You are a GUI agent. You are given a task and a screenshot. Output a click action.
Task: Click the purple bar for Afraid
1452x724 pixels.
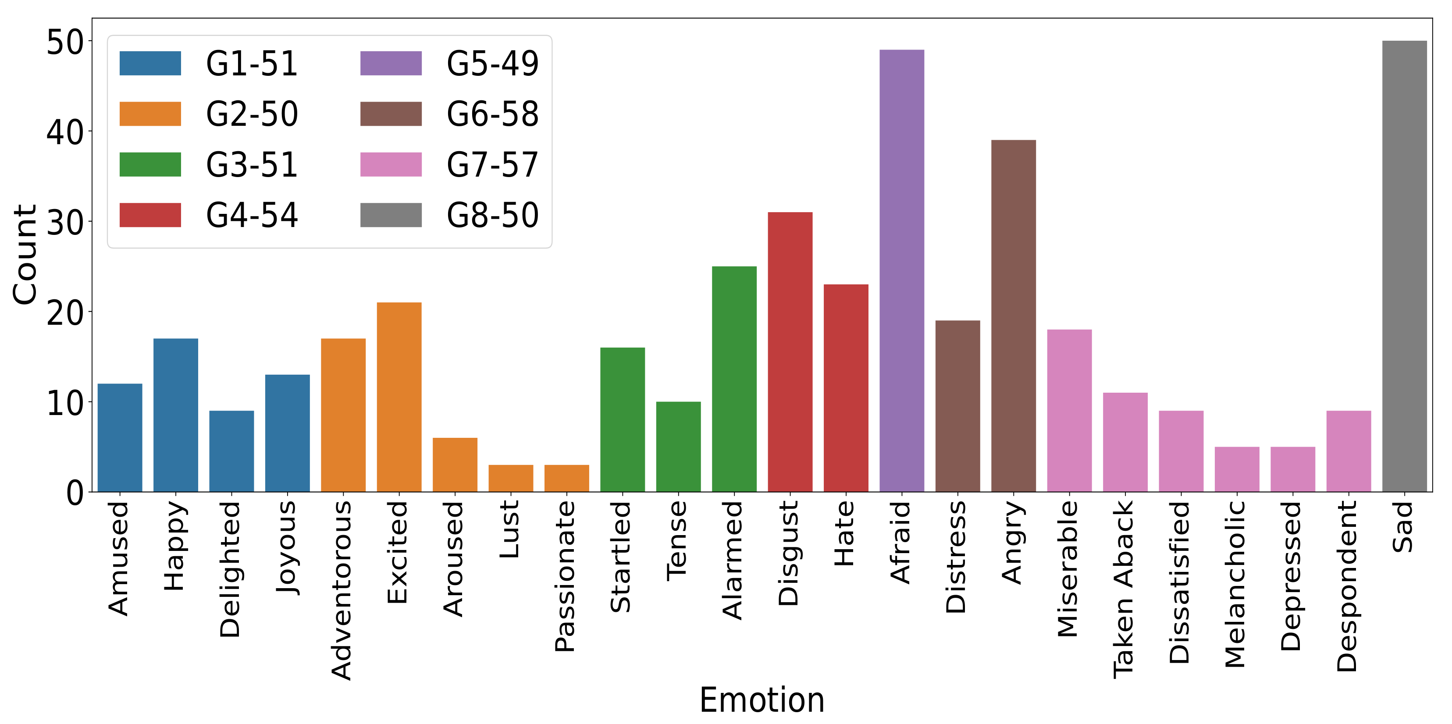(x=901, y=270)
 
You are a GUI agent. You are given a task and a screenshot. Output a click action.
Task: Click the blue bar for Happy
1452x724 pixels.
(x=175, y=415)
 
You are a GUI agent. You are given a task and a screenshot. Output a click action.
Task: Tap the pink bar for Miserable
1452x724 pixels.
(x=1069, y=410)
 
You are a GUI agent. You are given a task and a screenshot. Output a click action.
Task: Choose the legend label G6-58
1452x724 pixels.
(x=492, y=114)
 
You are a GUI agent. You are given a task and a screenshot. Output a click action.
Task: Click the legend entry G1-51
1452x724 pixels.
(x=251, y=63)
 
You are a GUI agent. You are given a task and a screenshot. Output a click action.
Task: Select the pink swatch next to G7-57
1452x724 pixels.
(x=391, y=164)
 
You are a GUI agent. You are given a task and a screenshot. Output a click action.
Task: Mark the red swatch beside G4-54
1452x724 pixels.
(x=150, y=215)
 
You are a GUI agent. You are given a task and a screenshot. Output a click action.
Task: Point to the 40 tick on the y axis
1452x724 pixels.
(x=64, y=133)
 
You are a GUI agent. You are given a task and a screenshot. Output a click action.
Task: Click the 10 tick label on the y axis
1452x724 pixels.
(x=64, y=403)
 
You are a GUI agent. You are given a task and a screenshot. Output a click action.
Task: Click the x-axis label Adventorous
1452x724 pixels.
(x=342, y=590)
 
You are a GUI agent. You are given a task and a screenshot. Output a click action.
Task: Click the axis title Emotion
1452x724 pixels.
(x=762, y=700)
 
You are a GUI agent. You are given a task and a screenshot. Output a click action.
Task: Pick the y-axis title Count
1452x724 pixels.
(x=25, y=255)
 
